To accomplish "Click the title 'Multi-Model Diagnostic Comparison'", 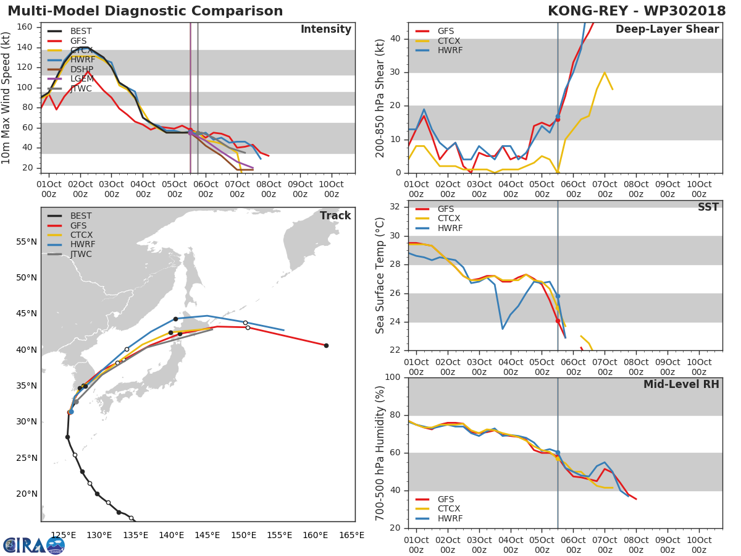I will click(145, 11).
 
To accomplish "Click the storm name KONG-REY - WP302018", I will click(636, 11).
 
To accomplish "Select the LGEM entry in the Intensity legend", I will click(82, 79).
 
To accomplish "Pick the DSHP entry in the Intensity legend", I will click(82, 69).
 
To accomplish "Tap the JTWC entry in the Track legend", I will click(82, 255).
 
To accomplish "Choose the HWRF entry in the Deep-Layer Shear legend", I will click(449, 50).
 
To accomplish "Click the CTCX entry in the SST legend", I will click(449, 218).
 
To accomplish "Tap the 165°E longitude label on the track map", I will click(351, 536).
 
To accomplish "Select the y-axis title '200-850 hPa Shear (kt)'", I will click(380, 98).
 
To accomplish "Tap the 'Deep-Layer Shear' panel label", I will click(667, 30).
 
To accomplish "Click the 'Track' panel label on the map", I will click(335, 216).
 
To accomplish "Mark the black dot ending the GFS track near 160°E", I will click(326, 345).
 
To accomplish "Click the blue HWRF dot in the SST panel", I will click(558, 297).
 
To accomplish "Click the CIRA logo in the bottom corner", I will click(34, 545).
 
